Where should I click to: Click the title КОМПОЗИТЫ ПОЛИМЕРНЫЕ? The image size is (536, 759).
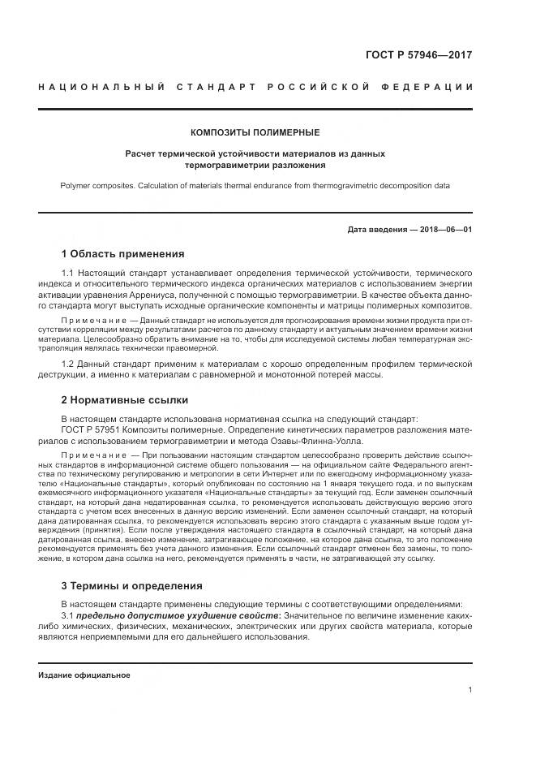click(255, 132)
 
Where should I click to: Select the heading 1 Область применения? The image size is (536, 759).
click(122, 253)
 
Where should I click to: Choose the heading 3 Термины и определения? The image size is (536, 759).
click(131, 585)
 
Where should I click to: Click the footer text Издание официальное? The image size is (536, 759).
click(84, 675)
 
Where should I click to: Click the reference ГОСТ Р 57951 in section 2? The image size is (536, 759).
click(92, 429)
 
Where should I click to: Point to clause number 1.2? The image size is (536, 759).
click(68, 363)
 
